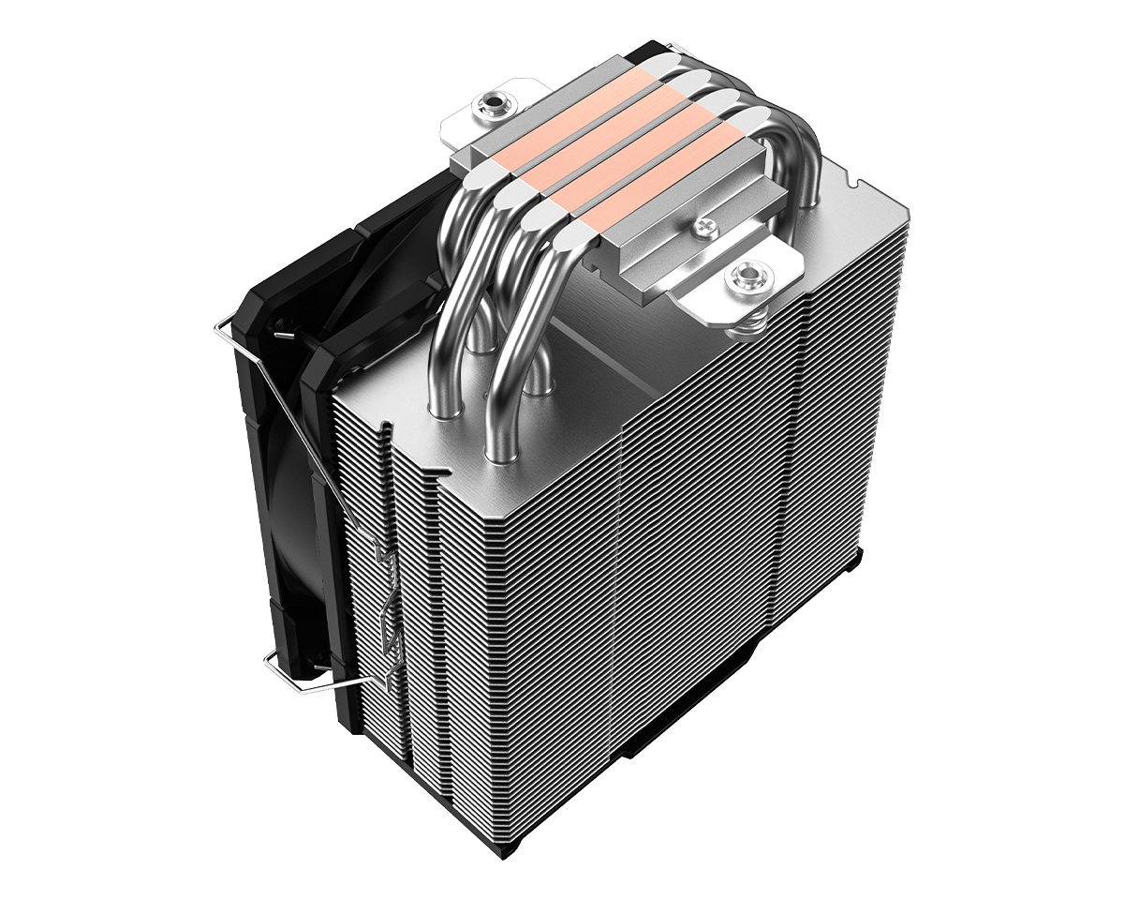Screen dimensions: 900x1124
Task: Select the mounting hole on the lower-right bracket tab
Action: pyautogui.click(x=747, y=276)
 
